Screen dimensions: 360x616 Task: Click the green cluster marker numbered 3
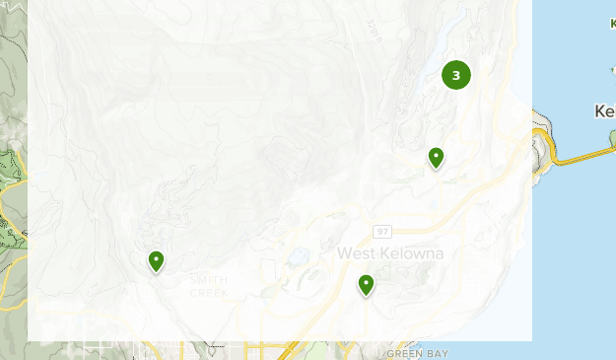click(455, 75)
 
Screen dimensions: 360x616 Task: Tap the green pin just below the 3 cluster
click(436, 157)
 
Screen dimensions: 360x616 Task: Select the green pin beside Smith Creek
click(156, 260)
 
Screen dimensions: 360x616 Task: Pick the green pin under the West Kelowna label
click(366, 285)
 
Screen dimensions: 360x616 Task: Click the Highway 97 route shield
click(381, 231)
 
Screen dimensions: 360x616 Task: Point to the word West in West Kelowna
click(356, 253)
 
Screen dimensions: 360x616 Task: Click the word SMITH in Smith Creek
click(209, 280)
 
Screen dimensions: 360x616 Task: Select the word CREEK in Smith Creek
click(209, 293)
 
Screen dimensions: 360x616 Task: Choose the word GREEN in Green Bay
click(404, 353)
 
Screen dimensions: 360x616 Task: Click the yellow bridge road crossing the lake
click(582, 154)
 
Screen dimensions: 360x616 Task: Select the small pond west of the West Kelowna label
click(295, 259)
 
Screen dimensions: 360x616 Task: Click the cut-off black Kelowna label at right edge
click(605, 111)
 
